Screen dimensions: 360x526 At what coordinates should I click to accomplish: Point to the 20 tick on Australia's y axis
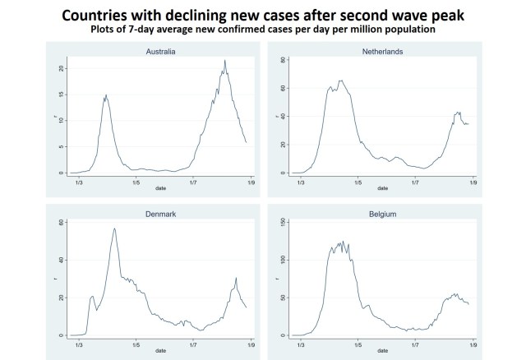click(60, 68)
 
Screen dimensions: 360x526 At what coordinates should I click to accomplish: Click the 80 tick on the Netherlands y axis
click(284, 60)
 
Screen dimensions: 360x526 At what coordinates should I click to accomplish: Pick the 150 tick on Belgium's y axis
click(284, 222)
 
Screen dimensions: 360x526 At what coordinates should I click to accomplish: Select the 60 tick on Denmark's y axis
click(60, 223)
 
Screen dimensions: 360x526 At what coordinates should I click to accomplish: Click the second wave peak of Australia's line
click(224, 60)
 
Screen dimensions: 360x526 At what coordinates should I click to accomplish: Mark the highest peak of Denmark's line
click(115, 228)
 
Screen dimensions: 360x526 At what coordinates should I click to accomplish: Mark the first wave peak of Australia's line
click(105, 95)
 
